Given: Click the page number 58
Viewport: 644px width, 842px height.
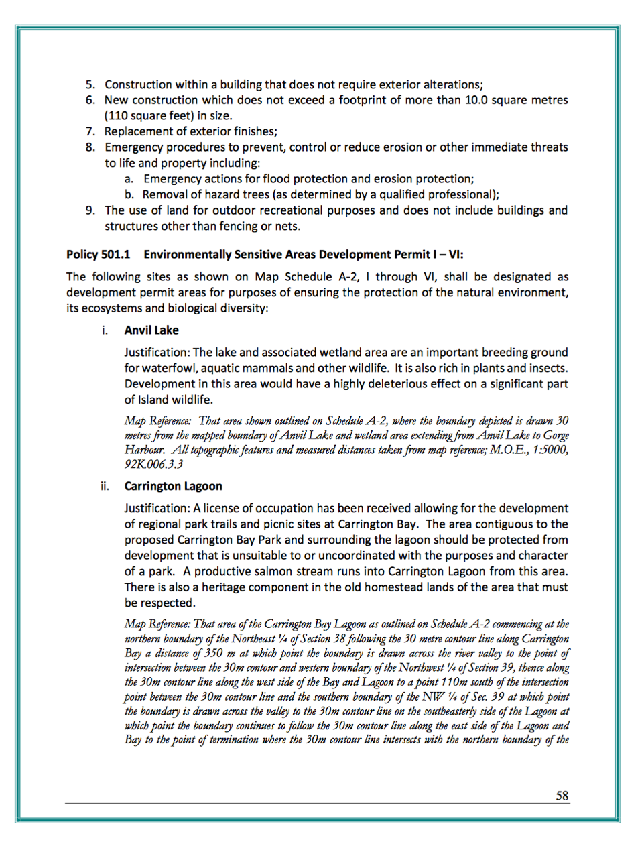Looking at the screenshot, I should coord(562,796).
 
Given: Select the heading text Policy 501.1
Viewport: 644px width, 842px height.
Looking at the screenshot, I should coord(98,255).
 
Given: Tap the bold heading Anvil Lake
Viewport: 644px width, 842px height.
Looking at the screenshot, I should coord(151,330).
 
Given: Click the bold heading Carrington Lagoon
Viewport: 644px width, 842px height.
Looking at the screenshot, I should coord(173,487).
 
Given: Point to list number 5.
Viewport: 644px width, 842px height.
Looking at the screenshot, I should coord(90,85).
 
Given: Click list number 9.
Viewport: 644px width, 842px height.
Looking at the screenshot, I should coord(90,210).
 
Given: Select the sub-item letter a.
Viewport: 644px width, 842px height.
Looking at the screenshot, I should coord(129,179).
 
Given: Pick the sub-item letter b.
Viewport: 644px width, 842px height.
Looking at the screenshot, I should coord(129,195).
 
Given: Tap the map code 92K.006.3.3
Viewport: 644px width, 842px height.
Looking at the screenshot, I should coord(153,465).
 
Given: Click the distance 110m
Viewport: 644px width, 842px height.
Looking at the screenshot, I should coord(465,682).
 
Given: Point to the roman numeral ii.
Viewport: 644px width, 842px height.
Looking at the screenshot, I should coord(105,487).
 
